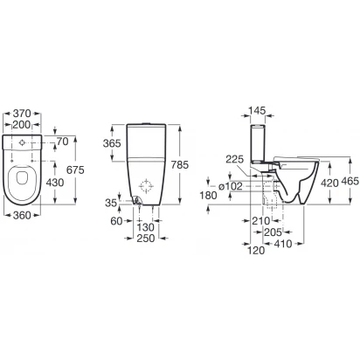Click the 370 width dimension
(22, 113)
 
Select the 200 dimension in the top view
(22, 125)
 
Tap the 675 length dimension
(75, 170)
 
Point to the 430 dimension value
(55, 183)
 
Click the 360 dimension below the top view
(22, 216)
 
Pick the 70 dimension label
(62, 142)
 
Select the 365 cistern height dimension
(112, 143)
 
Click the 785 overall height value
(180, 165)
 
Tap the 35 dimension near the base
(111, 203)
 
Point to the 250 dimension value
(146, 239)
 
